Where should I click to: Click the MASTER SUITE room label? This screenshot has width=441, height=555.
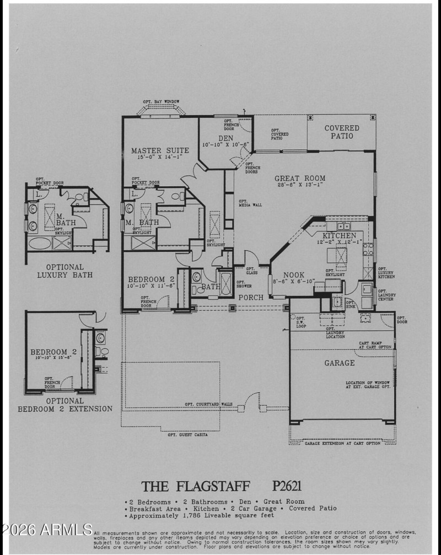point(160,150)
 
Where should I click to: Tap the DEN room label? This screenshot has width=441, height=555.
point(225,138)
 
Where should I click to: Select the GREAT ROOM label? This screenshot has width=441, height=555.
point(300,179)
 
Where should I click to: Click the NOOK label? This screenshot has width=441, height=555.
point(294,275)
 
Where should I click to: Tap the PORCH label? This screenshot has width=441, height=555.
point(250,298)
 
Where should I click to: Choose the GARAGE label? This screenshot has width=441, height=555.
point(340,363)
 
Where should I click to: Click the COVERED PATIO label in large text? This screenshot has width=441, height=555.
point(341,132)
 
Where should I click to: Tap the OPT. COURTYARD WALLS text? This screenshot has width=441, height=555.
point(208,404)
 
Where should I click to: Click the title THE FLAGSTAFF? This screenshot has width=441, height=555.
point(196,486)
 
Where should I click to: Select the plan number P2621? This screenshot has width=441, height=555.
point(286,486)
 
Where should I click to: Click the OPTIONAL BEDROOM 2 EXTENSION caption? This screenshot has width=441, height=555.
point(65,405)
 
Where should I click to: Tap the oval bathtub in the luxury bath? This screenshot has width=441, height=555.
point(40,243)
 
